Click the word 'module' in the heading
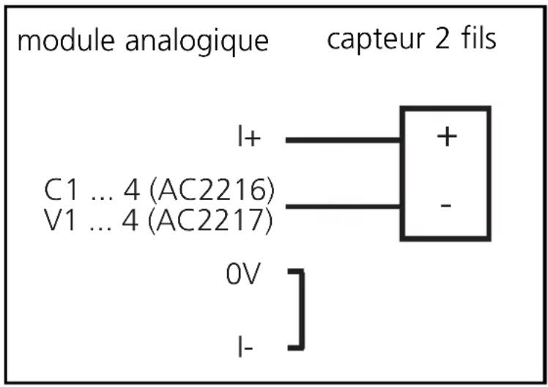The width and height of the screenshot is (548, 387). click(60, 40)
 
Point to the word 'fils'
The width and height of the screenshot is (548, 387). click(478, 39)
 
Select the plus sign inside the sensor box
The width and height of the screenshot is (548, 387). click(446, 137)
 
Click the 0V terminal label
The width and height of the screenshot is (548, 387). click(243, 277)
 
